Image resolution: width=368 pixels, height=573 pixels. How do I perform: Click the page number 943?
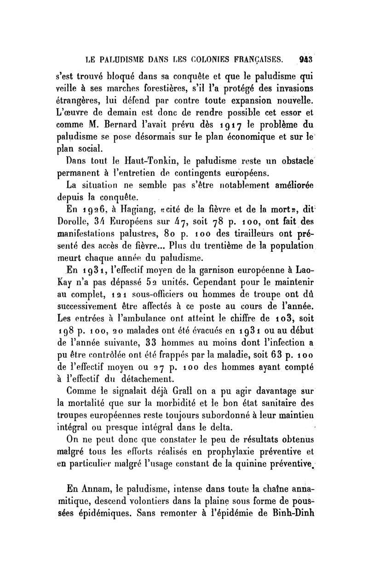tap(305, 59)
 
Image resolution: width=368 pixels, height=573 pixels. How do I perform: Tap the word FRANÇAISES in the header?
tap(256, 59)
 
